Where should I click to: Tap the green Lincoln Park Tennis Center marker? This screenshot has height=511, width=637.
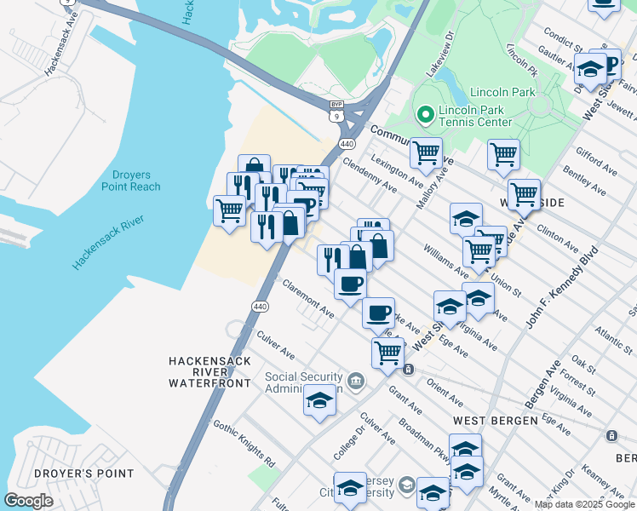click(x=425, y=114)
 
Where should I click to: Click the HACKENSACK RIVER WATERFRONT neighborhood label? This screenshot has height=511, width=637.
click(x=209, y=372)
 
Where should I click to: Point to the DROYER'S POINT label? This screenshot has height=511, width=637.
click(x=83, y=474)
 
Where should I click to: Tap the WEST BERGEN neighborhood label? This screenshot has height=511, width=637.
click(x=495, y=421)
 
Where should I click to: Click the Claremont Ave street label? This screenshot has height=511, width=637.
click(x=307, y=300)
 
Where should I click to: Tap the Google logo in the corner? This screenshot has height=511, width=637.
click(x=28, y=500)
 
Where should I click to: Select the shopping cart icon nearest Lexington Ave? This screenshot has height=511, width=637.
click(x=425, y=154)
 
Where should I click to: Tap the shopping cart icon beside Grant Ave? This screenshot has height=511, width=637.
click(x=387, y=350)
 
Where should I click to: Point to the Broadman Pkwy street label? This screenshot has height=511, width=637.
click(x=422, y=438)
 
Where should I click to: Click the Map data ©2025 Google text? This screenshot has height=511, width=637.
click(x=584, y=504)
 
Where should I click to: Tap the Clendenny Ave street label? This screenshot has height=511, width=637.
click(x=370, y=174)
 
